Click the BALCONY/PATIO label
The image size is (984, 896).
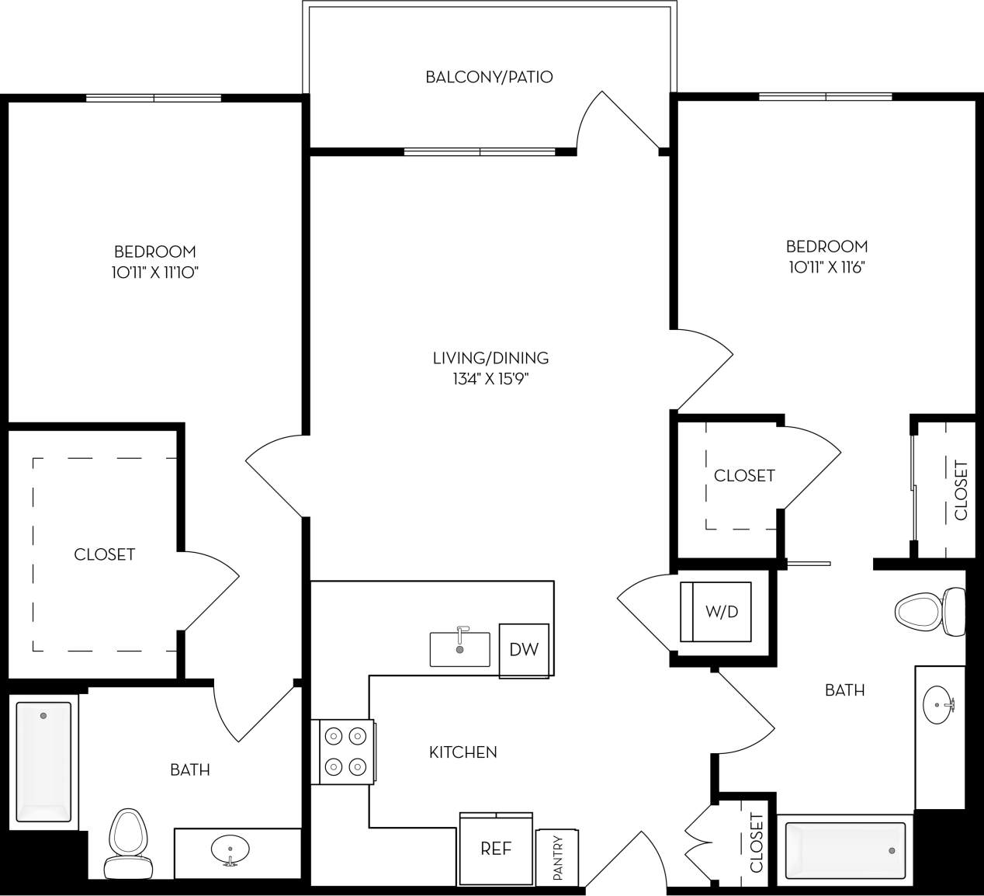(489, 77)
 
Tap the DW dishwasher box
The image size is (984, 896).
(524, 650)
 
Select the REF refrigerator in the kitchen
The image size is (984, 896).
(496, 849)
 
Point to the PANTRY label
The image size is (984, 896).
(557, 857)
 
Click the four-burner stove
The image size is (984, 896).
(345, 751)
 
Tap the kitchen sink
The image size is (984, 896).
(460, 649)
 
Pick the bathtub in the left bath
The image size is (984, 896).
(44, 761)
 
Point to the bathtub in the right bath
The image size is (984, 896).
(845, 851)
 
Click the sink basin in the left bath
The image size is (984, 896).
(230, 850)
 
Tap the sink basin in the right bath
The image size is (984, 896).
(940, 705)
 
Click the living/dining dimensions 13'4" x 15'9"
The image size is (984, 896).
(490, 379)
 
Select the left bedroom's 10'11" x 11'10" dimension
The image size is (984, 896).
(155, 273)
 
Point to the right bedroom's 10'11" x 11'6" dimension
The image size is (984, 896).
(826, 267)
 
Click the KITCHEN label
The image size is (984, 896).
(463, 752)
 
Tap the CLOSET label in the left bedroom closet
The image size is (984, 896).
(104, 554)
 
